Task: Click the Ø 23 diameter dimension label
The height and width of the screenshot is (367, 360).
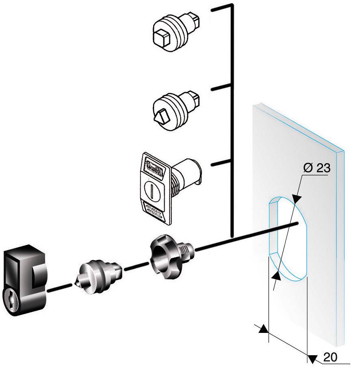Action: coord(317,168)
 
